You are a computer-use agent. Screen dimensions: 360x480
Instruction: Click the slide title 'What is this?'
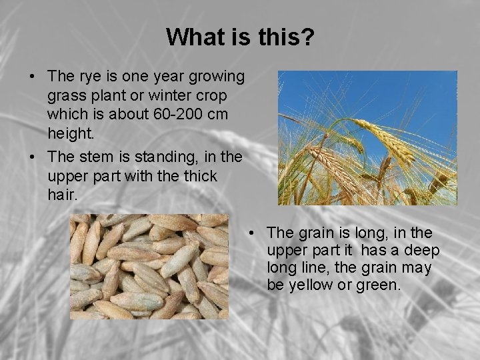click(x=240, y=37)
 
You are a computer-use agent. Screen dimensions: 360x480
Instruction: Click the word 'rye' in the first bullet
click(x=89, y=77)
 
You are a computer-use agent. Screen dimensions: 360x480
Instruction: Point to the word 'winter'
click(x=163, y=96)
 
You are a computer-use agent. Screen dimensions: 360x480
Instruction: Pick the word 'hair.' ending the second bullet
click(x=64, y=195)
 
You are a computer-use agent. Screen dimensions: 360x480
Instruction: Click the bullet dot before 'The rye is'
click(x=33, y=78)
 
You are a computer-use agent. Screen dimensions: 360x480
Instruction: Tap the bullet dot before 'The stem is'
click(x=33, y=158)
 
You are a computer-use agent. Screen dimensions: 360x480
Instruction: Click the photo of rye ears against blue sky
click(x=367, y=137)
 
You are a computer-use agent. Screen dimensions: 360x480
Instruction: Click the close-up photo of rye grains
click(x=149, y=266)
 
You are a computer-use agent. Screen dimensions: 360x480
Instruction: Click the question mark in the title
click(x=307, y=37)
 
